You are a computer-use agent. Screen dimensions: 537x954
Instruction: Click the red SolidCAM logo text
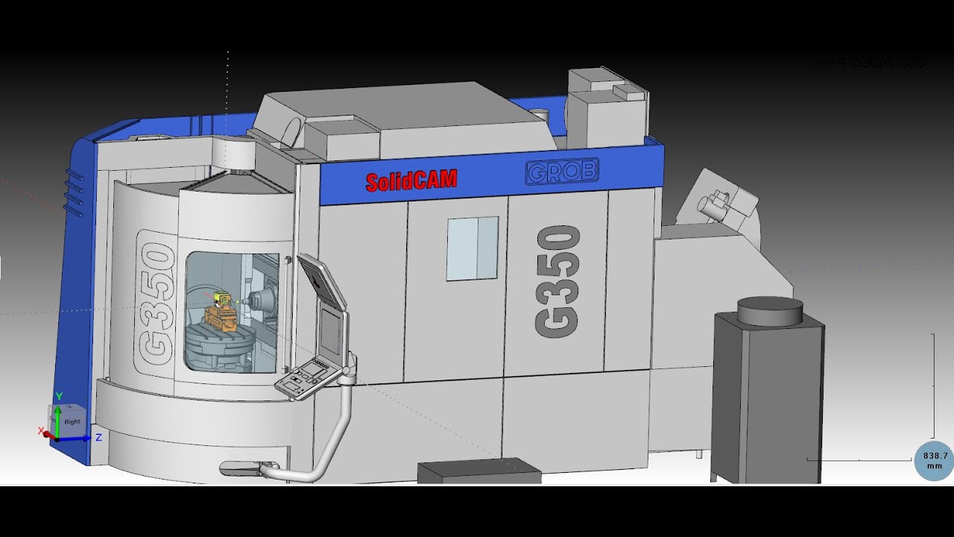pos(411,180)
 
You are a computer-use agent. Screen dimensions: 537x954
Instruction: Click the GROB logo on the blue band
pos(561,172)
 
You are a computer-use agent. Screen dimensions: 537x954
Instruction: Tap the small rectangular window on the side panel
pos(472,248)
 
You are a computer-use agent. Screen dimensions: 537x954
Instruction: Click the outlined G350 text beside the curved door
pos(157,305)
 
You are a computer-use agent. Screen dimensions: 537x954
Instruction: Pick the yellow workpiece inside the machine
pos(221,298)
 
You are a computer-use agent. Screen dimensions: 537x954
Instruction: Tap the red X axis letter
pos(41,431)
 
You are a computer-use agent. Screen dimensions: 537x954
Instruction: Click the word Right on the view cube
pos(72,422)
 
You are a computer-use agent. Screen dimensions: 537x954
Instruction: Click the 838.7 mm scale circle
pos(935,460)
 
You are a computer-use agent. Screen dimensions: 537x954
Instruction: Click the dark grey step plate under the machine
pos(478,472)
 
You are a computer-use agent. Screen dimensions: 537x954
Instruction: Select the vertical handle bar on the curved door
pos(287,313)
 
